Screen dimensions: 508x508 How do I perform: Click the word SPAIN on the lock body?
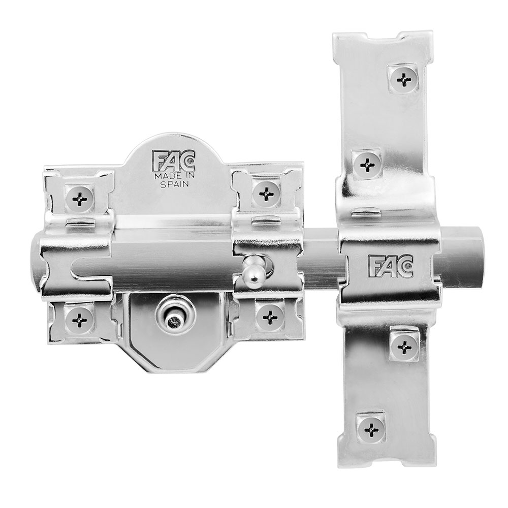[175, 185]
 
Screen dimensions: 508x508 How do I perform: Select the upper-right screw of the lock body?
[266, 192]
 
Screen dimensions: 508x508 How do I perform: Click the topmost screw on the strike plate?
[404, 78]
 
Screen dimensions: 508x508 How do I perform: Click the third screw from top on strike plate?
[404, 347]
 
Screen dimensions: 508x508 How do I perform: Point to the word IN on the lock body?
[185, 177]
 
